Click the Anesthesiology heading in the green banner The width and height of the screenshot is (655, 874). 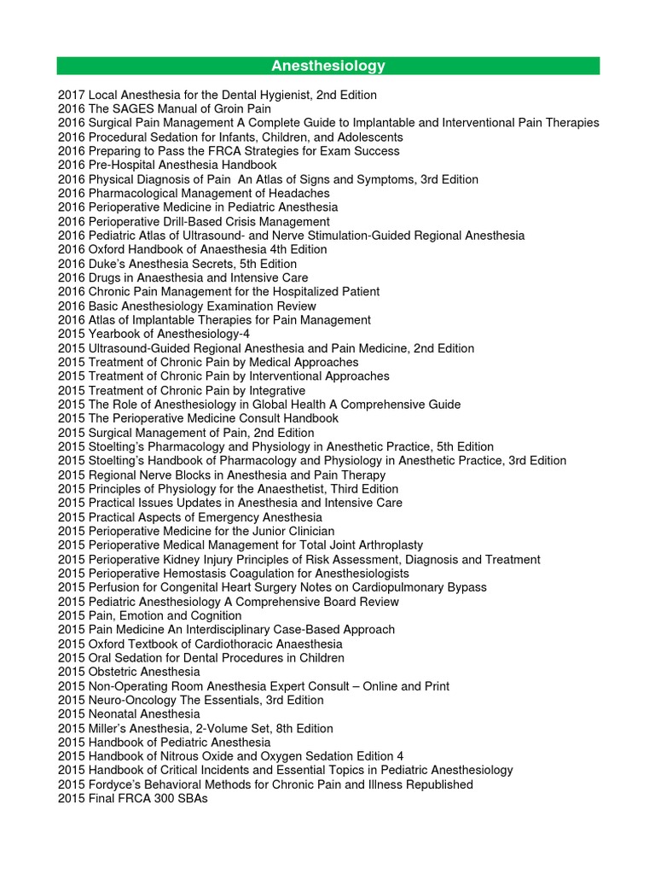pyautogui.click(x=328, y=66)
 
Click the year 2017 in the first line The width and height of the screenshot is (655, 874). pyautogui.click(x=71, y=95)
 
